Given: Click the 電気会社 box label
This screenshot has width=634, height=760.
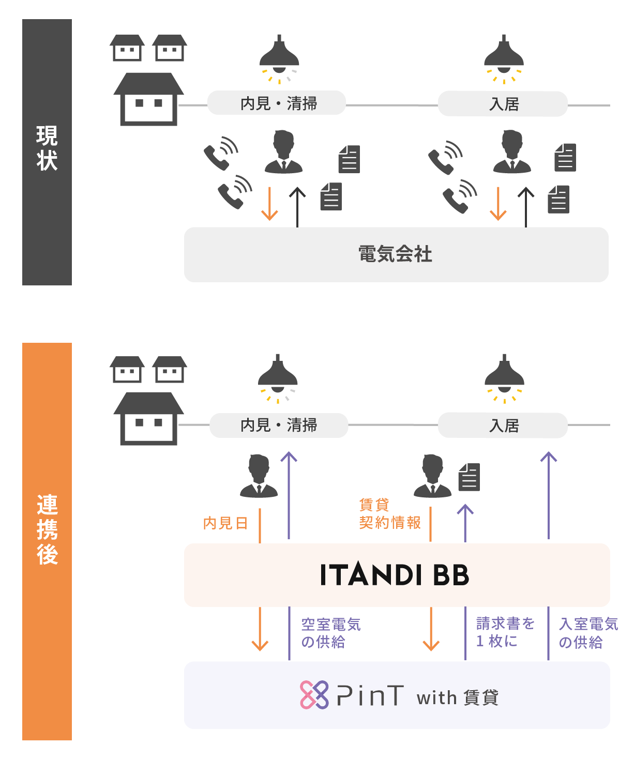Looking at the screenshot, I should (396, 254).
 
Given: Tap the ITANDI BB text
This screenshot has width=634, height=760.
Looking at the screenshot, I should (395, 575).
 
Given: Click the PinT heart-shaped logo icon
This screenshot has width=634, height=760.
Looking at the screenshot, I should (314, 695).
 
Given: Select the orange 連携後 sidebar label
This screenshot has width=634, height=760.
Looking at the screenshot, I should (47, 529).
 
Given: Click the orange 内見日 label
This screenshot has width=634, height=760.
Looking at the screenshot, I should (225, 523).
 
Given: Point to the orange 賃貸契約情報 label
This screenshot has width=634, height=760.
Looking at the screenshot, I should (390, 514).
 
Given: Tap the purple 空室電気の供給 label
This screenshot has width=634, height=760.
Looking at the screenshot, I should (330, 633).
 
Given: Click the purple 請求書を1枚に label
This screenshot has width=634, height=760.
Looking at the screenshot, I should (505, 632).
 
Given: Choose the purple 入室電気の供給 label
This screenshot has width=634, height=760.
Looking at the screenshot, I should (588, 633).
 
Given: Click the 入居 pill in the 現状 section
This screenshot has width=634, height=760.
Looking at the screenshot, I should (503, 104).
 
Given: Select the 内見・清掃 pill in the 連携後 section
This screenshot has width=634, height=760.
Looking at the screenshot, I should (279, 425).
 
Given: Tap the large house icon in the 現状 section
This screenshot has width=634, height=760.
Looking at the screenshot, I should (149, 99).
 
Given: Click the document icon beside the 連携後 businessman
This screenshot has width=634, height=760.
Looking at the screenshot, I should (470, 477).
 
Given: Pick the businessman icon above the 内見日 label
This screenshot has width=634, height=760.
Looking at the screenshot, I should (259, 476).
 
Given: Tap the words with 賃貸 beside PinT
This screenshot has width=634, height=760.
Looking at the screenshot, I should (457, 697).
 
